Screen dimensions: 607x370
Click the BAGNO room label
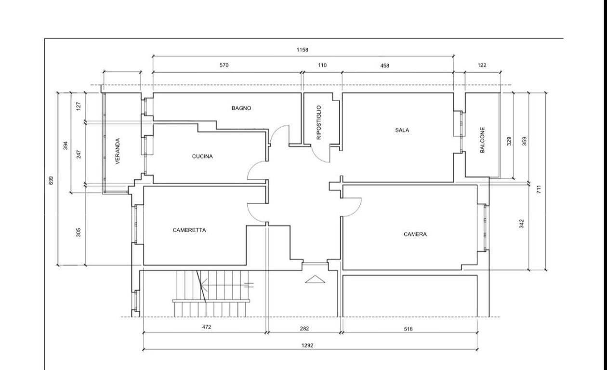coord(241,108)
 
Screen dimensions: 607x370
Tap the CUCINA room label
coord(202,157)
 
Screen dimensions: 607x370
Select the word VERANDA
coord(118,151)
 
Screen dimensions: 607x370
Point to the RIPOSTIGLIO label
coord(319,122)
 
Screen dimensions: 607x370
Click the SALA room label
coord(402,130)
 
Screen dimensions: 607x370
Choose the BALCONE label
coord(482,140)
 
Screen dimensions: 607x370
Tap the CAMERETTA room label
coord(189,230)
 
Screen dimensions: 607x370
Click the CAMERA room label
coord(415,234)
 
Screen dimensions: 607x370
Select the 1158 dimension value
coord(303,50)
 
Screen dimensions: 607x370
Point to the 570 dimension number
coord(224,65)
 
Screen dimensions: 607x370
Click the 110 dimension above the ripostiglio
coord(322,65)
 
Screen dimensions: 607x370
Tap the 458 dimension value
coord(384,66)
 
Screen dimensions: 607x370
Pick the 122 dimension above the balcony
coord(482,65)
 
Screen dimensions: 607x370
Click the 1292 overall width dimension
coord(307,345)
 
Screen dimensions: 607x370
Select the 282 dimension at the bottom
coord(304,329)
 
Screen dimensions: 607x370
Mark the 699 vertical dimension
coord(51,181)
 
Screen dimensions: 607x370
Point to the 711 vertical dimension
coord(539,189)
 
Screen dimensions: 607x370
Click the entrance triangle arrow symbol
coord(315,279)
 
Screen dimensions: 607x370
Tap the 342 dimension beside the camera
coord(522,224)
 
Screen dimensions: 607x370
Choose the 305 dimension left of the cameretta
coord(79,232)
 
